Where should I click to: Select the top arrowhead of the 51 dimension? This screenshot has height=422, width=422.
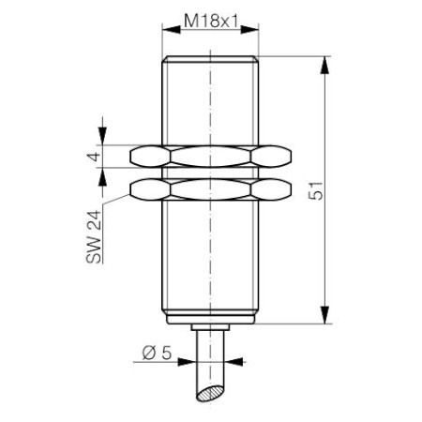click(324, 62)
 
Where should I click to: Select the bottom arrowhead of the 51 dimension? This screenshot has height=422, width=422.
click(324, 319)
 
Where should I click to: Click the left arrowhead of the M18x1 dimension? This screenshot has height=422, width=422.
click(168, 32)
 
